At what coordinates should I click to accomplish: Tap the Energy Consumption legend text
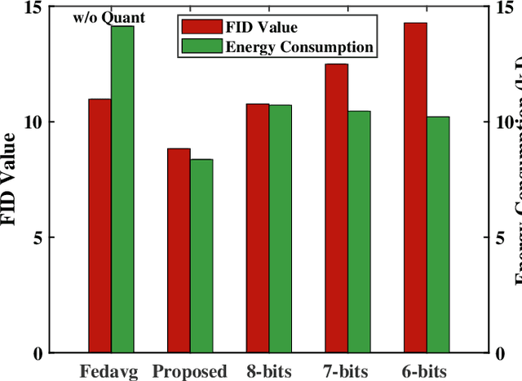[x=299, y=47]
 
